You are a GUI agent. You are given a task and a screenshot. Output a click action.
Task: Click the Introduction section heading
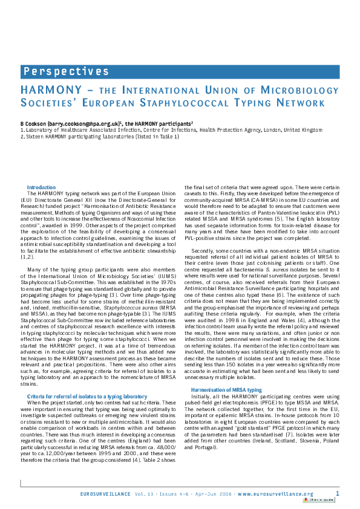tap(41, 187)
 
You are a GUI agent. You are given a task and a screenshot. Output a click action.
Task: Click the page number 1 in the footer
tap(337, 493)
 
